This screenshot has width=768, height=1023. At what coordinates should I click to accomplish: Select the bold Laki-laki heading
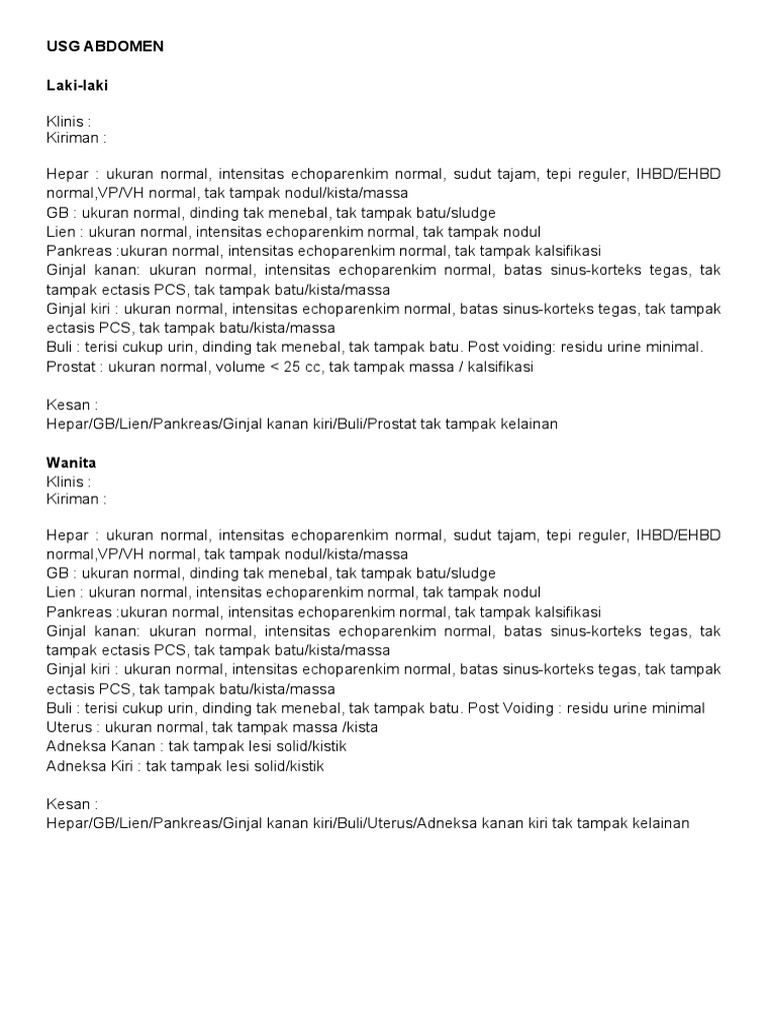pyautogui.click(x=77, y=86)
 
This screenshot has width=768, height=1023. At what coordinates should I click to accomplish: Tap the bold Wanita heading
pyautogui.click(x=71, y=463)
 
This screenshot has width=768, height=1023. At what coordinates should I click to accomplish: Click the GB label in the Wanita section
pyautogui.click(x=57, y=572)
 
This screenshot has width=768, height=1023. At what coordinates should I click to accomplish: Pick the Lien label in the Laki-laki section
pyautogui.click(x=60, y=232)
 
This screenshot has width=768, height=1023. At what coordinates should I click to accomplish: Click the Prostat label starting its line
pyautogui.click(x=70, y=367)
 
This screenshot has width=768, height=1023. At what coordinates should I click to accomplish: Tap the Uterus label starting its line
pyautogui.click(x=69, y=726)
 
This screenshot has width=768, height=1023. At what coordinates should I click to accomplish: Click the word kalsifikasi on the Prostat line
pyautogui.click(x=497, y=367)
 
